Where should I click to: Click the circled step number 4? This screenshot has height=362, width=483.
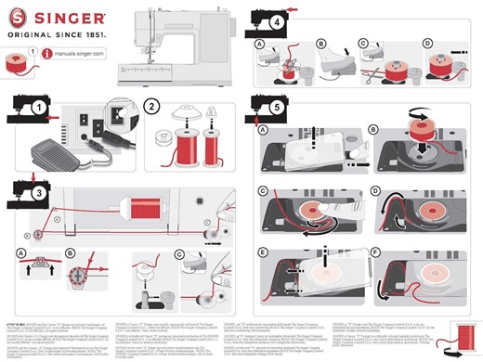pyautogui.click(x=277, y=20)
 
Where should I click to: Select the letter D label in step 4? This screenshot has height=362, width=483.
pyautogui.click(x=427, y=44)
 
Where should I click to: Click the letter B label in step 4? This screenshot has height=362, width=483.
pyautogui.click(x=320, y=44)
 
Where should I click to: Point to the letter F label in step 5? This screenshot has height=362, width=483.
pyautogui.click(x=373, y=252)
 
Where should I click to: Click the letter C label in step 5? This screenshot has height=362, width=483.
pyautogui.click(x=264, y=190)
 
